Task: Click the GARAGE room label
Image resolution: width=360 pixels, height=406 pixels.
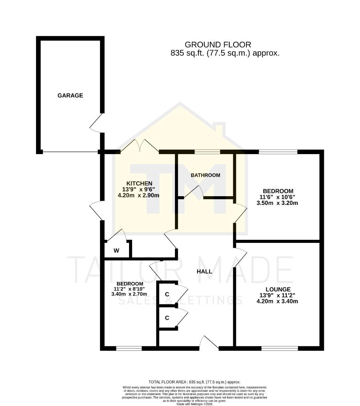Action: tap(70, 95)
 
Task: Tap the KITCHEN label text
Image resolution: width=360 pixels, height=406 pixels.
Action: tap(139, 183)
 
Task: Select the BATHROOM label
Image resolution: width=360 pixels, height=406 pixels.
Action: tap(205, 175)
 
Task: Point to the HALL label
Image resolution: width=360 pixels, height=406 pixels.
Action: tap(205, 271)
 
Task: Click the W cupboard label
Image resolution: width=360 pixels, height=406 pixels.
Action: tap(117, 250)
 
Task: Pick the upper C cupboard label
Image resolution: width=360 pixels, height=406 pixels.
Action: tap(167, 294)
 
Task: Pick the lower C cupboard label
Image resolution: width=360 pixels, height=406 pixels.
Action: tap(167, 318)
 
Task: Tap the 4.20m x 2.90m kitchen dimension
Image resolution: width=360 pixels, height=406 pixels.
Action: tap(139, 195)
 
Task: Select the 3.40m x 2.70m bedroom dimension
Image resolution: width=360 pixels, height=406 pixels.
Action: tap(129, 294)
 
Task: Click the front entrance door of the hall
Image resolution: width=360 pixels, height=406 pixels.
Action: tap(209, 343)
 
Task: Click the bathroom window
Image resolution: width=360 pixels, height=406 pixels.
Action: tap(207, 152)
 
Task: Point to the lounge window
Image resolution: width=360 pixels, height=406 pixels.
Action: tap(279, 348)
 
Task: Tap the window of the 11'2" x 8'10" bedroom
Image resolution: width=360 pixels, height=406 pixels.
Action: tap(129, 348)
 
